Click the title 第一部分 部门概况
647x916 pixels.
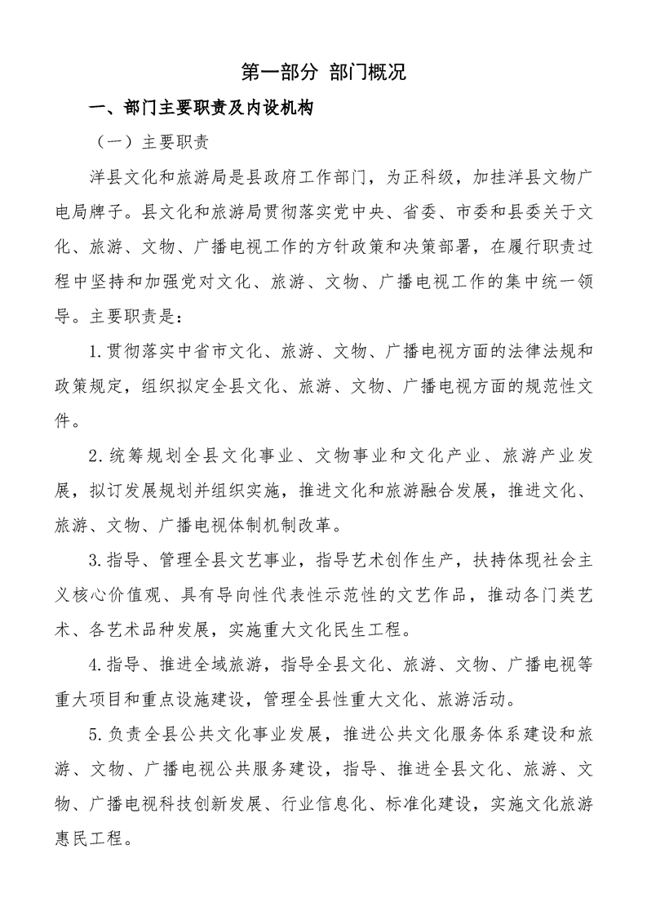coord(324,72)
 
